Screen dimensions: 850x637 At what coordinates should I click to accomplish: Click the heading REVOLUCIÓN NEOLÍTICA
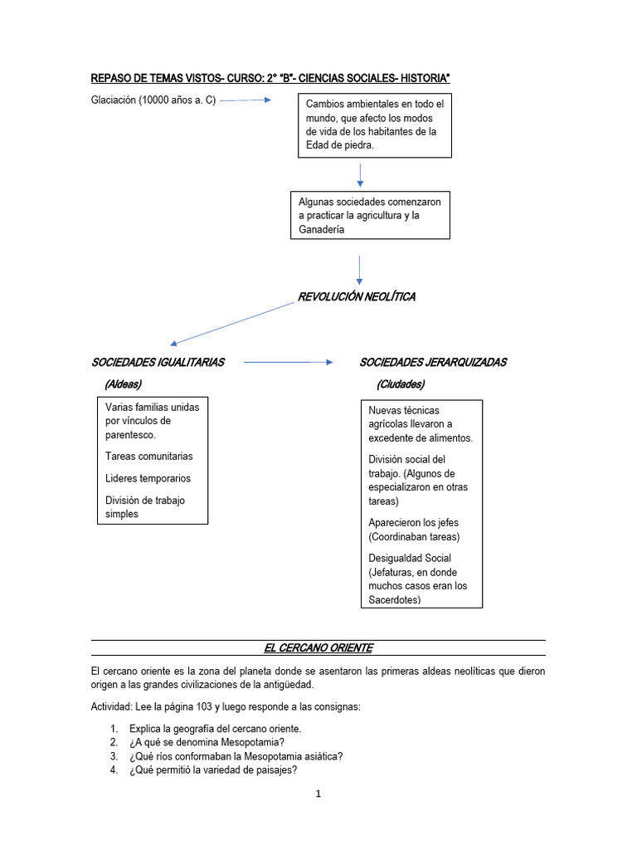[357, 296]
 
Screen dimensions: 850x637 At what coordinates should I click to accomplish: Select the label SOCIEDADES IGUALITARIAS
[158, 362]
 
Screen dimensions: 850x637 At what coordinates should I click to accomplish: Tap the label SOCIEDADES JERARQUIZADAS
[432, 362]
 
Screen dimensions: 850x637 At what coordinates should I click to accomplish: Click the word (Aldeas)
[123, 384]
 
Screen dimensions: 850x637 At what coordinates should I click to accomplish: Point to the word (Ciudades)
[400, 384]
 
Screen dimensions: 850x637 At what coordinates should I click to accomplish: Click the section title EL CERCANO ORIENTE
[318, 647]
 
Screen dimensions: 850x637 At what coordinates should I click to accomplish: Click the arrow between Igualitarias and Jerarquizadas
[288, 362]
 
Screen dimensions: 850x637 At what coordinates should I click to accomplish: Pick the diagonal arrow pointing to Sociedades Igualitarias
[232, 323]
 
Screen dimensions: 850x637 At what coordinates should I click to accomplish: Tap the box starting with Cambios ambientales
[375, 125]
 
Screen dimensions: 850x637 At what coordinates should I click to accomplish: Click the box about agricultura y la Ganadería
[370, 216]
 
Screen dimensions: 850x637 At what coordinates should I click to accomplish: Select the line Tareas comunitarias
[149, 456]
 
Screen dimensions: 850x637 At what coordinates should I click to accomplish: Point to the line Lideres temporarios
[148, 478]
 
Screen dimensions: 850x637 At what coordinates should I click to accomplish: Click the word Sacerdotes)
[395, 599]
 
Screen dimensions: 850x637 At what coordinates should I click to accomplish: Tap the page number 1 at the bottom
[318, 794]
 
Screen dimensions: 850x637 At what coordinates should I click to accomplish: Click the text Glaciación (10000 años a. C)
[153, 100]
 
